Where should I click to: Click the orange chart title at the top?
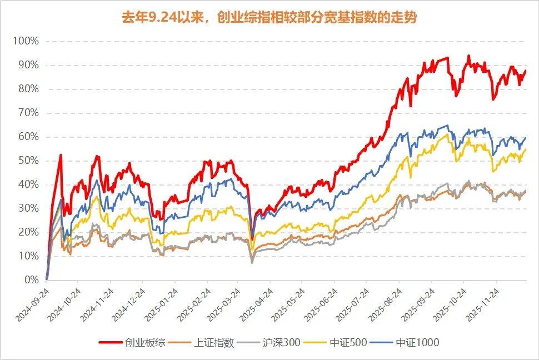click(269, 18)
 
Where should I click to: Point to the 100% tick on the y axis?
click(26, 42)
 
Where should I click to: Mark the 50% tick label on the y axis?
click(28, 161)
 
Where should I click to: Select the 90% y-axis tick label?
click(28, 66)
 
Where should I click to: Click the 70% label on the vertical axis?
click(28, 113)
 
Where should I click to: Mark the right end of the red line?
click(526, 71)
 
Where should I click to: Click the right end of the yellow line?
click(526, 149)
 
